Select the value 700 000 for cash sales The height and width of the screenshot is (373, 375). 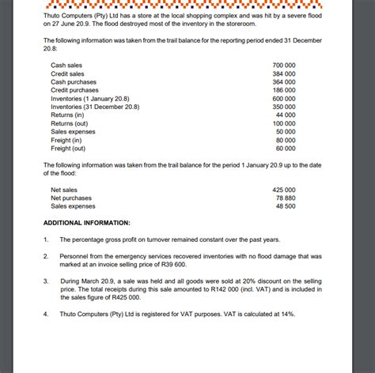click(x=284, y=65)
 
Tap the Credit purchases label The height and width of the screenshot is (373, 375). click(x=75, y=90)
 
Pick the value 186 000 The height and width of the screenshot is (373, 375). click(x=284, y=90)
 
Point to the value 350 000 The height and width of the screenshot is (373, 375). click(x=284, y=107)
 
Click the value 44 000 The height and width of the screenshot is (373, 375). click(x=286, y=115)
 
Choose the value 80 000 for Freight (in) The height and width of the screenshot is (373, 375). click(x=286, y=140)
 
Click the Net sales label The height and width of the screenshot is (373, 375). click(x=64, y=190)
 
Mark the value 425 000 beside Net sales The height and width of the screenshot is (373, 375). click(x=284, y=190)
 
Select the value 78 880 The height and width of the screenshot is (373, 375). click(x=286, y=198)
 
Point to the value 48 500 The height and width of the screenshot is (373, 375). click(x=286, y=205)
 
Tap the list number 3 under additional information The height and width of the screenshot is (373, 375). click(x=47, y=281)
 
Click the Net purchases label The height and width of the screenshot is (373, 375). click(x=70, y=198)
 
